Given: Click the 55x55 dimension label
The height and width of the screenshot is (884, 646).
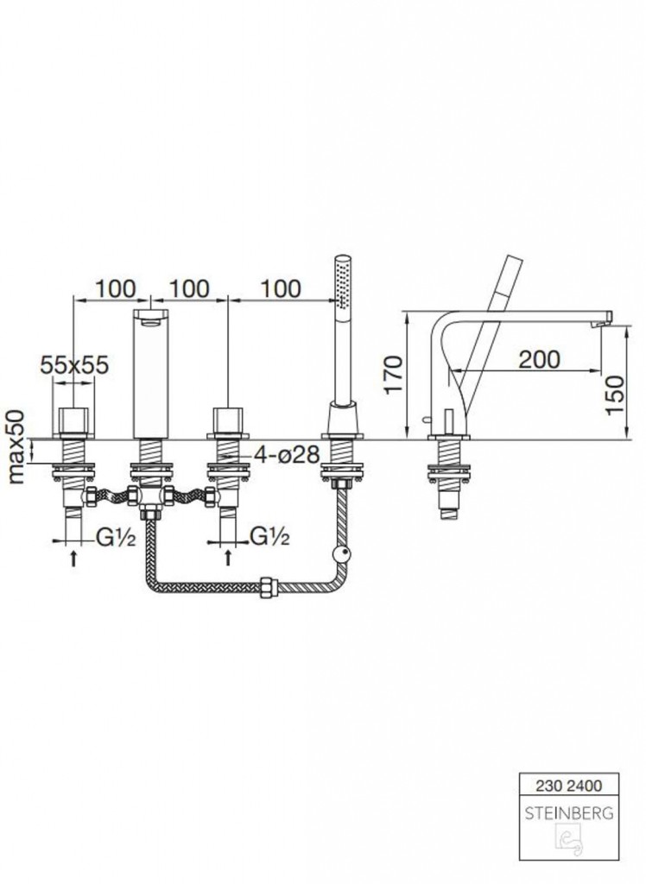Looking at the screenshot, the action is click(x=74, y=365).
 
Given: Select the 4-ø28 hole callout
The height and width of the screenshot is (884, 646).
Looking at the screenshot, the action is click(x=287, y=454).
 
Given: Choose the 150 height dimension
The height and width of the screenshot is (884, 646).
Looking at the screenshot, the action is click(x=615, y=395).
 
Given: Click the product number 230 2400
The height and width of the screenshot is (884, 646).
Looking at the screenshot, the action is click(x=569, y=786).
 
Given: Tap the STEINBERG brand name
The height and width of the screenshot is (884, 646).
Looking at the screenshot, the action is click(x=569, y=813).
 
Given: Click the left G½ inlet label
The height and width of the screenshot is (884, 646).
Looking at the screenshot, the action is click(x=116, y=538).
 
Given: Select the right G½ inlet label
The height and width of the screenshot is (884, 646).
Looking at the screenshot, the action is click(x=269, y=537).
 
